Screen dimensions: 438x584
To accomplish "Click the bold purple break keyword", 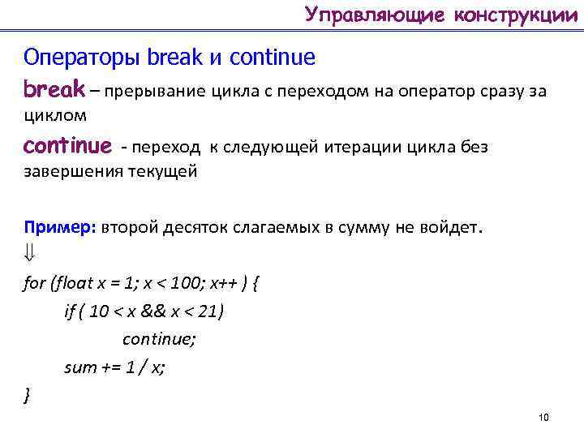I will (54, 88).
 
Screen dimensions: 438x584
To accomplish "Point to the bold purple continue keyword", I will (68, 147).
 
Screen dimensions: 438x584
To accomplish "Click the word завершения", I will (74, 172).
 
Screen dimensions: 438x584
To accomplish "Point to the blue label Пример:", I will (60, 228).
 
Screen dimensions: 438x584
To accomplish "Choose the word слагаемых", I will (273, 228).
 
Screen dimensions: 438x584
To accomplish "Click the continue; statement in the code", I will (159, 339).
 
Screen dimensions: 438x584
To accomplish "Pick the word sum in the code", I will (80, 367).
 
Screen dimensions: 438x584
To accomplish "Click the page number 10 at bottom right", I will (543, 417).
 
